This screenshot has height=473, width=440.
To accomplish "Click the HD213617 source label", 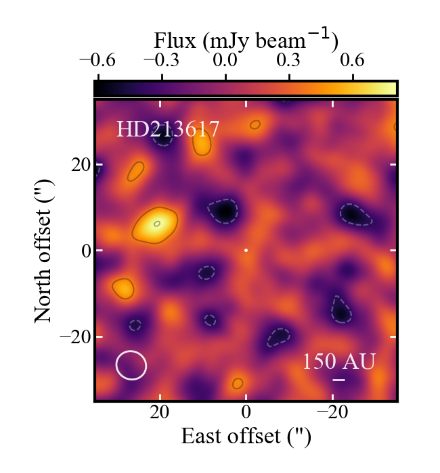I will pyautogui.click(x=168, y=128).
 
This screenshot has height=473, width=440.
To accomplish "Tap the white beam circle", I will pyautogui.click(x=131, y=365).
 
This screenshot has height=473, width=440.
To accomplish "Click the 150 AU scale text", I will pyautogui.click(x=338, y=362).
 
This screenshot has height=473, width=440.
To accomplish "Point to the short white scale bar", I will pyautogui.click(x=339, y=380).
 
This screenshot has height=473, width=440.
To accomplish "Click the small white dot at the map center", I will pyautogui.click(x=246, y=250).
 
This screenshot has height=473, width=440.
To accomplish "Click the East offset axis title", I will pyautogui.click(x=246, y=437).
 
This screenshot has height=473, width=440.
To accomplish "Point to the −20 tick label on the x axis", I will pyautogui.click(x=332, y=413).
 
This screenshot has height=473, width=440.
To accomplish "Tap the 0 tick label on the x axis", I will pyautogui.click(x=246, y=413).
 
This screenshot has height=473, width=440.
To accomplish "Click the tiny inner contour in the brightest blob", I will pyautogui.click(x=157, y=223).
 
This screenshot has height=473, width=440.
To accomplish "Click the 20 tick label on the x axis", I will pyautogui.click(x=160, y=413).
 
